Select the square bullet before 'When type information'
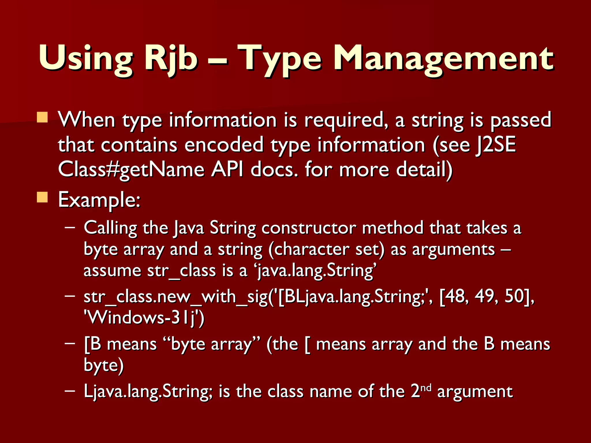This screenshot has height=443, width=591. (x=42, y=118)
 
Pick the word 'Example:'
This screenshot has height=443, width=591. (x=99, y=200)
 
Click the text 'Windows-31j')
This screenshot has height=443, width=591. (x=144, y=318)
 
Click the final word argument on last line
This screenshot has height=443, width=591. (x=475, y=392)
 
